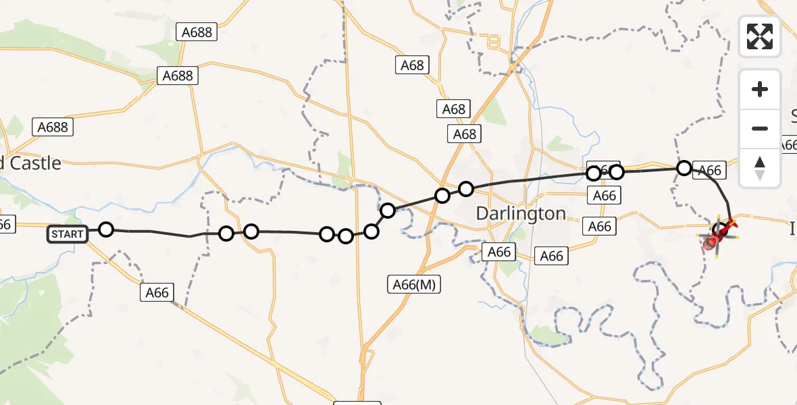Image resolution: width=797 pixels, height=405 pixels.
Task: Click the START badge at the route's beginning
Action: (x=68, y=235)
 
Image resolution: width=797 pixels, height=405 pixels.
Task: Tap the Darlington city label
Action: (x=521, y=213)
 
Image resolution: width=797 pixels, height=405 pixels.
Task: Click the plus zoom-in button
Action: (x=760, y=89)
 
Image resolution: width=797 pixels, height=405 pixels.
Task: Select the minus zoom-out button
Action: (x=760, y=128)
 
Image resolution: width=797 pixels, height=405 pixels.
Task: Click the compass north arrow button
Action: (x=760, y=167)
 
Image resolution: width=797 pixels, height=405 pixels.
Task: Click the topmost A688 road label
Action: (x=197, y=31)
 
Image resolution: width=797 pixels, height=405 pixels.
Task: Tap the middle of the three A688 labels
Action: (x=178, y=75)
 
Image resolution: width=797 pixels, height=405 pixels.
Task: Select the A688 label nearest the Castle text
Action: (x=53, y=126)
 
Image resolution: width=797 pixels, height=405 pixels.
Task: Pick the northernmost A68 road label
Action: (x=412, y=65)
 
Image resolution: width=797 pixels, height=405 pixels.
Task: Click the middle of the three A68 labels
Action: (x=454, y=109)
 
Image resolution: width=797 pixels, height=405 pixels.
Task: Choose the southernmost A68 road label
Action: (x=465, y=134)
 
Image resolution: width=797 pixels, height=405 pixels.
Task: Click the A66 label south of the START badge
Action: (x=157, y=292)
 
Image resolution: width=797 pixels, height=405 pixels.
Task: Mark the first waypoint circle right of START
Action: (x=106, y=230)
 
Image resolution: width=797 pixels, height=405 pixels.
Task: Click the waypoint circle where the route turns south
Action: (x=684, y=167)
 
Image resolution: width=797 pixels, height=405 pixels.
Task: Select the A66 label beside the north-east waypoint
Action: (x=709, y=171)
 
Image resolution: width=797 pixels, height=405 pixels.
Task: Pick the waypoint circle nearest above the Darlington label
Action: (x=466, y=188)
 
